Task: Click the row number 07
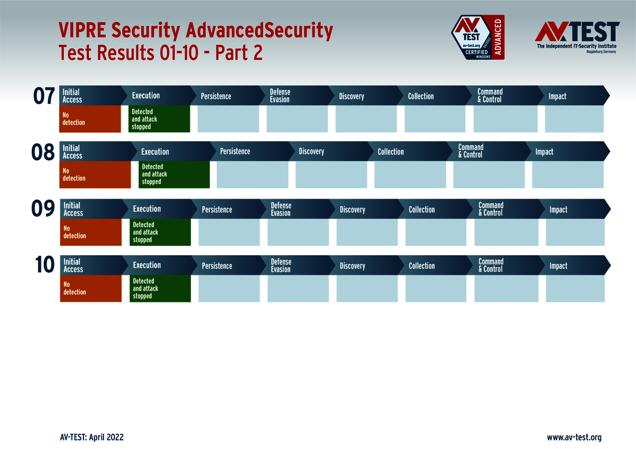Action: coord(44,96)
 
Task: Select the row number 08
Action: coord(43,153)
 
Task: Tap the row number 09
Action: coord(44,209)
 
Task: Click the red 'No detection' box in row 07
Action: coord(90,119)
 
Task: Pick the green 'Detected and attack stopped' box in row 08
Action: coord(174,175)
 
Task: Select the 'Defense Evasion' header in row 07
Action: coord(280,96)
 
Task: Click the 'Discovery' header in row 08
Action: coord(311,151)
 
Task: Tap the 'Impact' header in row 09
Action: coord(558,210)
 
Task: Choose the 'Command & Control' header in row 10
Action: coord(491,266)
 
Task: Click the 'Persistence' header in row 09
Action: coord(217,210)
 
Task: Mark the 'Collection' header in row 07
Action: coord(421,96)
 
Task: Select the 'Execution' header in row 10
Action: coord(147,266)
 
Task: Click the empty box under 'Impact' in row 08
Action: coord(568,175)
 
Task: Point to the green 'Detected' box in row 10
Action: coord(160,289)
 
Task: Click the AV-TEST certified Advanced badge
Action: coord(478,37)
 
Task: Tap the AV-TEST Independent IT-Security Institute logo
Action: coord(577,37)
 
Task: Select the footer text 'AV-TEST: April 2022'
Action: coord(91,437)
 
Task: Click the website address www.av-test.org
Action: coord(574,437)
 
